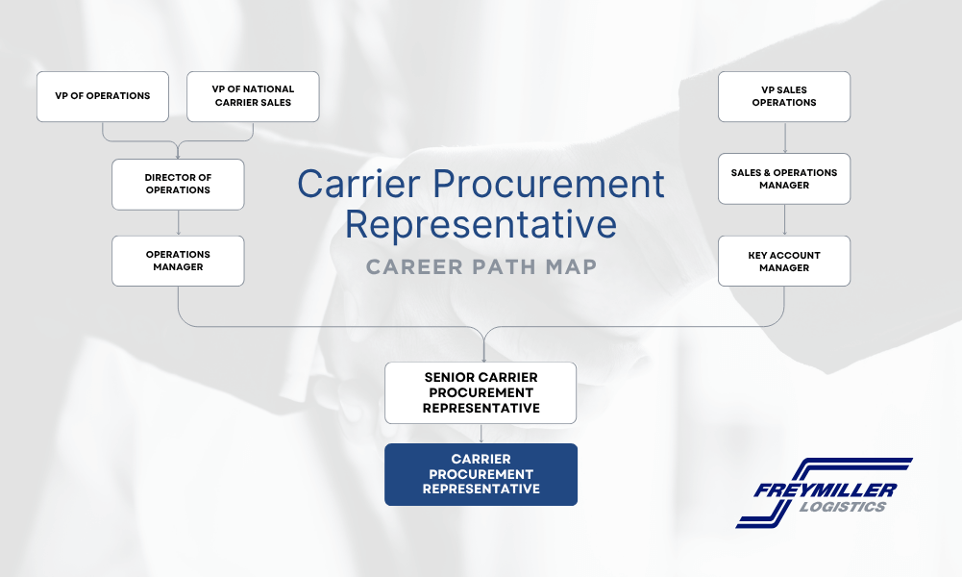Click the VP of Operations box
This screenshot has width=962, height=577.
tap(103, 96)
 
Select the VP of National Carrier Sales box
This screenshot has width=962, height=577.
tap(253, 96)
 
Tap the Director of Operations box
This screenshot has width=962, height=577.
tap(178, 184)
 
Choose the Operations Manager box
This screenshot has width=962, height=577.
tap(178, 261)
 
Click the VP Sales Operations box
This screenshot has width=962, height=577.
tap(784, 96)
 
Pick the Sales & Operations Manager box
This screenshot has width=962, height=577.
tap(784, 179)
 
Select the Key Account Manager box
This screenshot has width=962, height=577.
tap(784, 261)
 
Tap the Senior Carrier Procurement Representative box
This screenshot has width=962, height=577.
tap(481, 393)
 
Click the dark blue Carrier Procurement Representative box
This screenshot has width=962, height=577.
tap(481, 474)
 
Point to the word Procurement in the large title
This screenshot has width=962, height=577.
tap(549, 184)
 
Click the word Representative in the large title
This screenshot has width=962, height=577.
tap(481, 224)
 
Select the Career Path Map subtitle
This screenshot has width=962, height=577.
tap(481, 267)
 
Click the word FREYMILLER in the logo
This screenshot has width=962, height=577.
tap(826, 490)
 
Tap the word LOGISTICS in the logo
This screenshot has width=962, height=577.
tap(843, 507)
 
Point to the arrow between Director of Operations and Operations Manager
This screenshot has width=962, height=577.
tap(179, 223)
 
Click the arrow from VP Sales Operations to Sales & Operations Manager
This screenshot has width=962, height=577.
tap(785, 138)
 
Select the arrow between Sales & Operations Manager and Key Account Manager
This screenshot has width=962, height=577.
tap(785, 220)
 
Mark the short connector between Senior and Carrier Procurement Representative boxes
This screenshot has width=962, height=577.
tap(481, 434)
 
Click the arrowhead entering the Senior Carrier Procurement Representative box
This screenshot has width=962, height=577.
tap(484, 359)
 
